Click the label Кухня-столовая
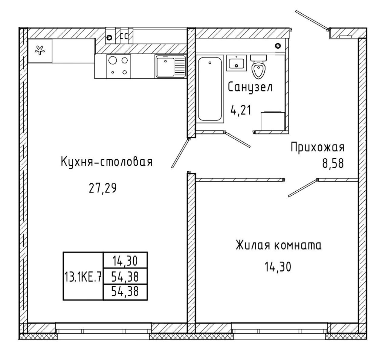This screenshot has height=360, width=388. click(107, 162)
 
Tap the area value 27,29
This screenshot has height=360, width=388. click(102, 188)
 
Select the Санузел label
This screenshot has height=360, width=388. click(250, 87)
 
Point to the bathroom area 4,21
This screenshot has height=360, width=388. click(241, 110)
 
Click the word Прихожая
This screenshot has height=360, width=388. click(317, 147)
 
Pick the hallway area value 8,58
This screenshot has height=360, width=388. click(333, 163)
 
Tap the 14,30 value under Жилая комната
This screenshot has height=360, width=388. click(278, 267)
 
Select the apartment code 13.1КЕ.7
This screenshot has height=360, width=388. click(83, 277)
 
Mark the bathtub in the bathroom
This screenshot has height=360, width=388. click(210, 89)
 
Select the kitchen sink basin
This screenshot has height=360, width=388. click(165, 67)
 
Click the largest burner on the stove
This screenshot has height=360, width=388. click(113, 60)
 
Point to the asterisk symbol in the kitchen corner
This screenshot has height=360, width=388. click(40, 50)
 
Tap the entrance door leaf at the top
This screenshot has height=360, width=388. click(312, 21)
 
